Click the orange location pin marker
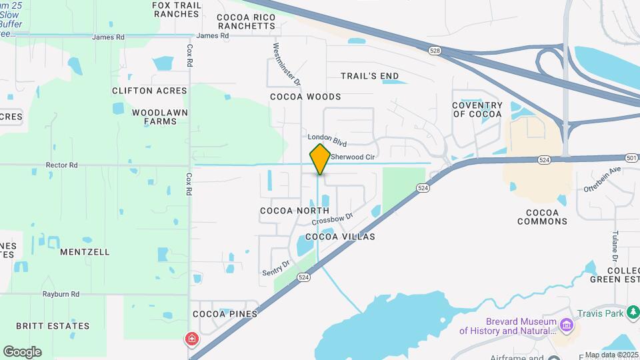tap(320, 159)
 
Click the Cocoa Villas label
tap(340, 237)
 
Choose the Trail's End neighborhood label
tap(370, 76)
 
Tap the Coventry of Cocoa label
tap(477, 109)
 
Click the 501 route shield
tap(631, 157)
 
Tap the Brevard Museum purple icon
tap(567, 325)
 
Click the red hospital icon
tap(192, 339)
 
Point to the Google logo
tap(22, 351)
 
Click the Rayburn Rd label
tap(61, 294)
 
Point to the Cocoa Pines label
tap(225, 314)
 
